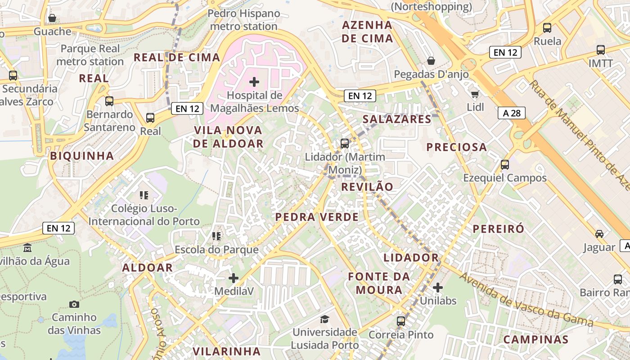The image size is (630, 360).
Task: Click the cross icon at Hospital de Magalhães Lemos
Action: pos(254,82)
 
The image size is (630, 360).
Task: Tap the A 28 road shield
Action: pos(512,113)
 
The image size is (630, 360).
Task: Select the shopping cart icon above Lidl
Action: pos(475,94)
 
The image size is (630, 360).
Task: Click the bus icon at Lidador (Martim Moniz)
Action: pos(345,144)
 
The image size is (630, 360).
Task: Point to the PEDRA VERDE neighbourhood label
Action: pos(317,217)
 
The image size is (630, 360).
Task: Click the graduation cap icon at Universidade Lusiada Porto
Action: pos(324,319)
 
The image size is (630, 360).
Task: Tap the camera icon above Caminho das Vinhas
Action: pos(74,305)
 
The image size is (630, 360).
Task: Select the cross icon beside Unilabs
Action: pos(437,287)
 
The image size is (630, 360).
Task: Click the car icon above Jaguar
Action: pos(599,234)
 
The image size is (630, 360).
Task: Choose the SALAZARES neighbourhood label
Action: pos(397,119)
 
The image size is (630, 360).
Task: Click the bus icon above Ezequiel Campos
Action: pos(505,165)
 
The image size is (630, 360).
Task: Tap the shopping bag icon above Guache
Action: pos(52,18)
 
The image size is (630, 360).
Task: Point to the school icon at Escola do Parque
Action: pos(216,236)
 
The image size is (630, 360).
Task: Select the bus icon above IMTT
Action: pos(601,50)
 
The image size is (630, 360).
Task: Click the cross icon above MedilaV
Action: pos(233,278)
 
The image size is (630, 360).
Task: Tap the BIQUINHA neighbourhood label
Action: pos(82,156)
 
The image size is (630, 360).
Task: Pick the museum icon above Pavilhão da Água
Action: pos(27,247)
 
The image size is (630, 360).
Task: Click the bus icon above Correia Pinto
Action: pos(401,321)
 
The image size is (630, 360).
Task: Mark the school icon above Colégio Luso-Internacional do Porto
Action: pos(144,195)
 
